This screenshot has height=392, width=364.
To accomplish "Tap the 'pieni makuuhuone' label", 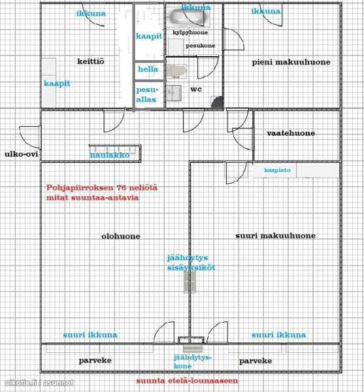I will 291,62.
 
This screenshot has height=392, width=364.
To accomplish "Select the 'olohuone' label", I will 120,237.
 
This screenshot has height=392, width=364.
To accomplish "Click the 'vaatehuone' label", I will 290,133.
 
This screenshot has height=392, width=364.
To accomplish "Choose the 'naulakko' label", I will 110,155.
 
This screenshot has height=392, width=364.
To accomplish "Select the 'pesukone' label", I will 201,46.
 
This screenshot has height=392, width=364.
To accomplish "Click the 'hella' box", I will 148,69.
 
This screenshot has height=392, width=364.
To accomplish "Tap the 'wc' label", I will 195,89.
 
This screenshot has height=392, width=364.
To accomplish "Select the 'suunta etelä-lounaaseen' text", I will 187,380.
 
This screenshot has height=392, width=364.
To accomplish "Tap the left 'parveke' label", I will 95,361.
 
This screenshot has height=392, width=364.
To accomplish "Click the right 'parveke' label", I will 256,361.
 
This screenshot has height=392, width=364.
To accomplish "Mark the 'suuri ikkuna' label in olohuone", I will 90,335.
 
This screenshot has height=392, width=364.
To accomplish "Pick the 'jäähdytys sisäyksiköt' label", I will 190,263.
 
